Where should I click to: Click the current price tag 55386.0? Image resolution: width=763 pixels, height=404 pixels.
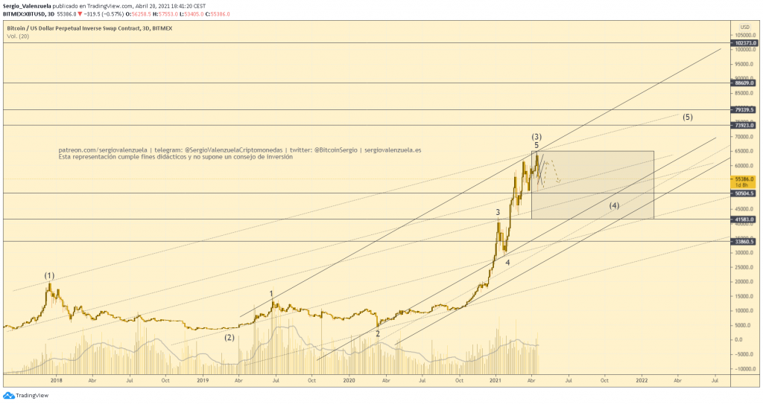point(745,179)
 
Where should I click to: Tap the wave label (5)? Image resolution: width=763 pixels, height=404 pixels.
point(687,118)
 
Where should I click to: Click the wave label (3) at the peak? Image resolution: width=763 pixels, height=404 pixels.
point(536,137)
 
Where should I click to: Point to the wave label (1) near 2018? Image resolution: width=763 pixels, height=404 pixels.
point(49,276)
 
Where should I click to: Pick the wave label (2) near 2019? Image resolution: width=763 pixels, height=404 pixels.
point(230,337)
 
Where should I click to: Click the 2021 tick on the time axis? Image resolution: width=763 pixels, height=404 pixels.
point(496,379)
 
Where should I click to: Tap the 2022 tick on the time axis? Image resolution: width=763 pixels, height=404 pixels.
point(642,379)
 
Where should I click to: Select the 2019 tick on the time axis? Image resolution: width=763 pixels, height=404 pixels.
point(203,379)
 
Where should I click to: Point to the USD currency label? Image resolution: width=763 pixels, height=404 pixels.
point(744,27)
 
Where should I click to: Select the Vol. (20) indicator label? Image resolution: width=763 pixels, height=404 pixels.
point(19,36)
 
